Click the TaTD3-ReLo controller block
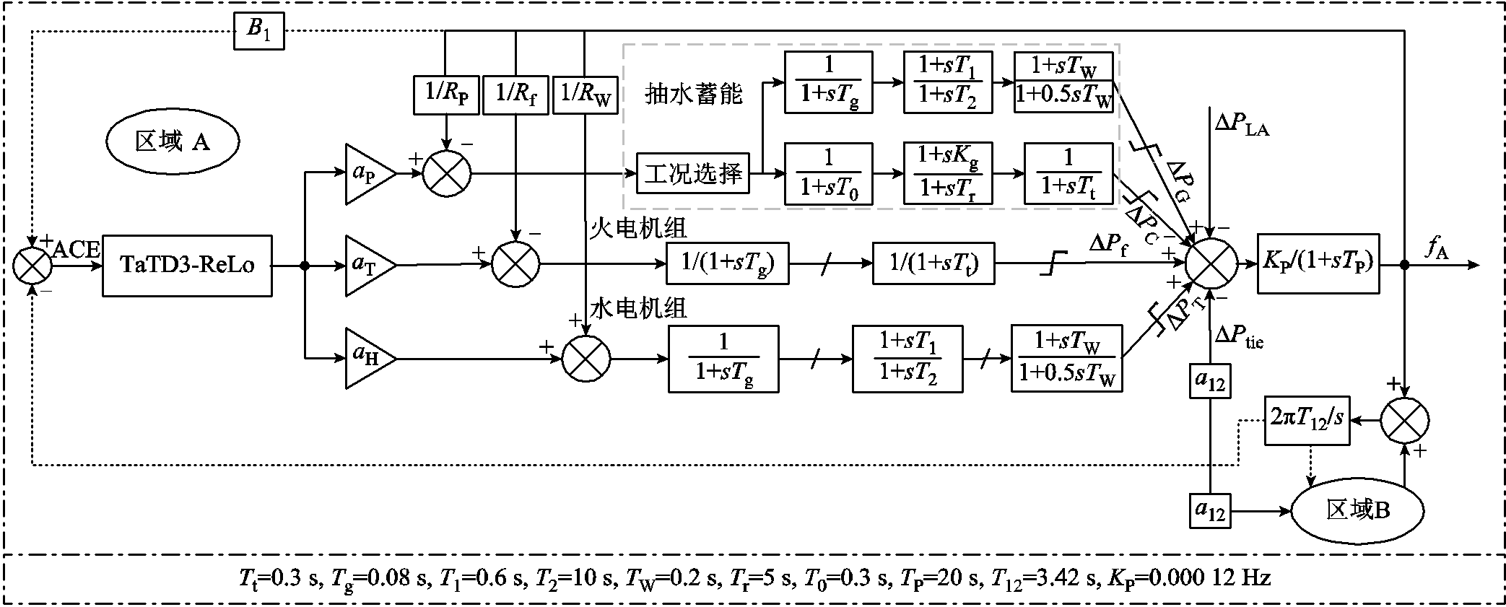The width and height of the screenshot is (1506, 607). point(187,266)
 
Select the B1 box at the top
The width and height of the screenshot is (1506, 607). point(258,30)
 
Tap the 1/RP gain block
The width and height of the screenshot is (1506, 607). point(446,95)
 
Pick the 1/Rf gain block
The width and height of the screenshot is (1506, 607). point(515,95)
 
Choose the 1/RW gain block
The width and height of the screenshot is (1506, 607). point(586,95)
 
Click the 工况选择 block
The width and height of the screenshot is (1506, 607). point(692,173)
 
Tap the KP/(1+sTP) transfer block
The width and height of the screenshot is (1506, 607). point(1318,263)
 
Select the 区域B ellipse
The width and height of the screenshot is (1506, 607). point(1357,511)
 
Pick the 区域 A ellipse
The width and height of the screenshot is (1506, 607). point(173,141)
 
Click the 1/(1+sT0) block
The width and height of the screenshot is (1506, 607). point(828,174)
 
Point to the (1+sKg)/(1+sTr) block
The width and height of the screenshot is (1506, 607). point(948,174)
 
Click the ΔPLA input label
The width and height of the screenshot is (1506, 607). point(1241,125)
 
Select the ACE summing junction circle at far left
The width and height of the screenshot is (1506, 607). point(33,265)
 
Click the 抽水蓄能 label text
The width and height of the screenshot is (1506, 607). point(693,95)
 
